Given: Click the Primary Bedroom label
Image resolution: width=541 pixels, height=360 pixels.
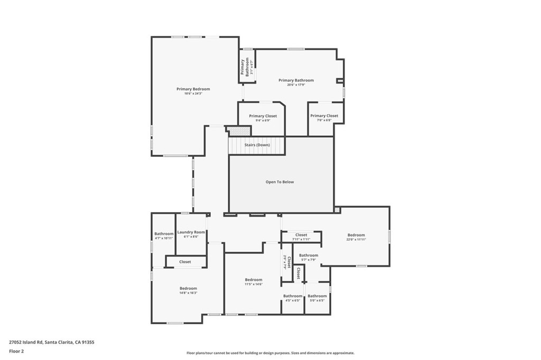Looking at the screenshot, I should click(x=193, y=89).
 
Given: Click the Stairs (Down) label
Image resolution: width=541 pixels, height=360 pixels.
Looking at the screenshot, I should click(x=257, y=145).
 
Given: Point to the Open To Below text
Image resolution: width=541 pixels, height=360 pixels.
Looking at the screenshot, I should click(x=279, y=182).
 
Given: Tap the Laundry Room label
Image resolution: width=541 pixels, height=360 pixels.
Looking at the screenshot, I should click(x=191, y=232).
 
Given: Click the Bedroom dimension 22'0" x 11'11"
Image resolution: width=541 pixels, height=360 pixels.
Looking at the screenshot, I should click(x=356, y=240).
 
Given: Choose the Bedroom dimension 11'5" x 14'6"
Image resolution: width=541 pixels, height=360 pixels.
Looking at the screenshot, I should click(x=253, y=284).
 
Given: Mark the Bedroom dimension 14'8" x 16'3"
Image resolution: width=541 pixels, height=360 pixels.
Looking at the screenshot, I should click(x=188, y=292).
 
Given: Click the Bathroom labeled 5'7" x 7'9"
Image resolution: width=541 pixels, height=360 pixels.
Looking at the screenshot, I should click(x=309, y=260).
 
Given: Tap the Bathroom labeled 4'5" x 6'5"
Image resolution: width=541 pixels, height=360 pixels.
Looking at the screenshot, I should click(x=293, y=300).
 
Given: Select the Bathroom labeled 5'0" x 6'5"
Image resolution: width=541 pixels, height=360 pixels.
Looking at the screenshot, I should click(x=317, y=300).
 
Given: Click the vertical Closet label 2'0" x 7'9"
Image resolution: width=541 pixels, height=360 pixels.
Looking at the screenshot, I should click(x=287, y=262).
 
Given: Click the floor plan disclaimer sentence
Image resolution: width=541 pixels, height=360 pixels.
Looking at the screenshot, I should click(x=270, y=353).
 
